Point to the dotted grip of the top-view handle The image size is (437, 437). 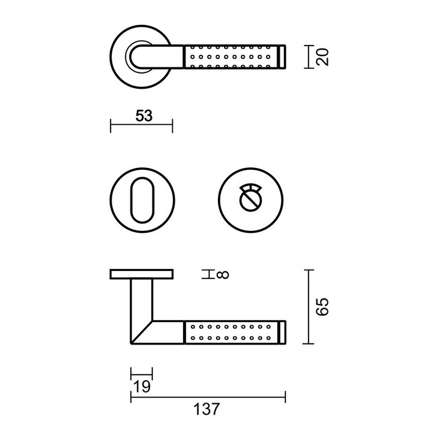(x=231, y=57)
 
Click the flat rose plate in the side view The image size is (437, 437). (x=141, y=274)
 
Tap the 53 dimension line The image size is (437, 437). (x=141, y=126)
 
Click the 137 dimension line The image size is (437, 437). (x=207, y=395)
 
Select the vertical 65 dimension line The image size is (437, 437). (x=306, y=307)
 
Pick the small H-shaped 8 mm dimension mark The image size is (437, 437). (x=206, y=273)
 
